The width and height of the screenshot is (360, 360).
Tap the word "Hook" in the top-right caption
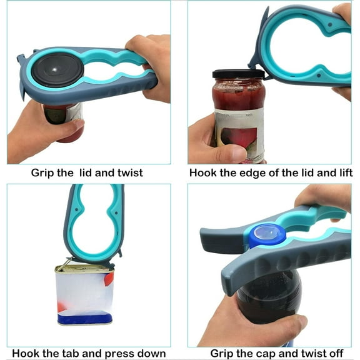coord(204,172)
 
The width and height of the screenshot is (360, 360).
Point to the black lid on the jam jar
coord(238,74)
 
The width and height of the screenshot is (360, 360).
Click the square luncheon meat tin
coord(84,294)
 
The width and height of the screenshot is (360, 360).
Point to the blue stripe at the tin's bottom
coord(84,319)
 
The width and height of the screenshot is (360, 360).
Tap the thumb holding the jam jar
coord(225,152)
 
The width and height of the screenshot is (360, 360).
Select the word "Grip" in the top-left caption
coord(44,172)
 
